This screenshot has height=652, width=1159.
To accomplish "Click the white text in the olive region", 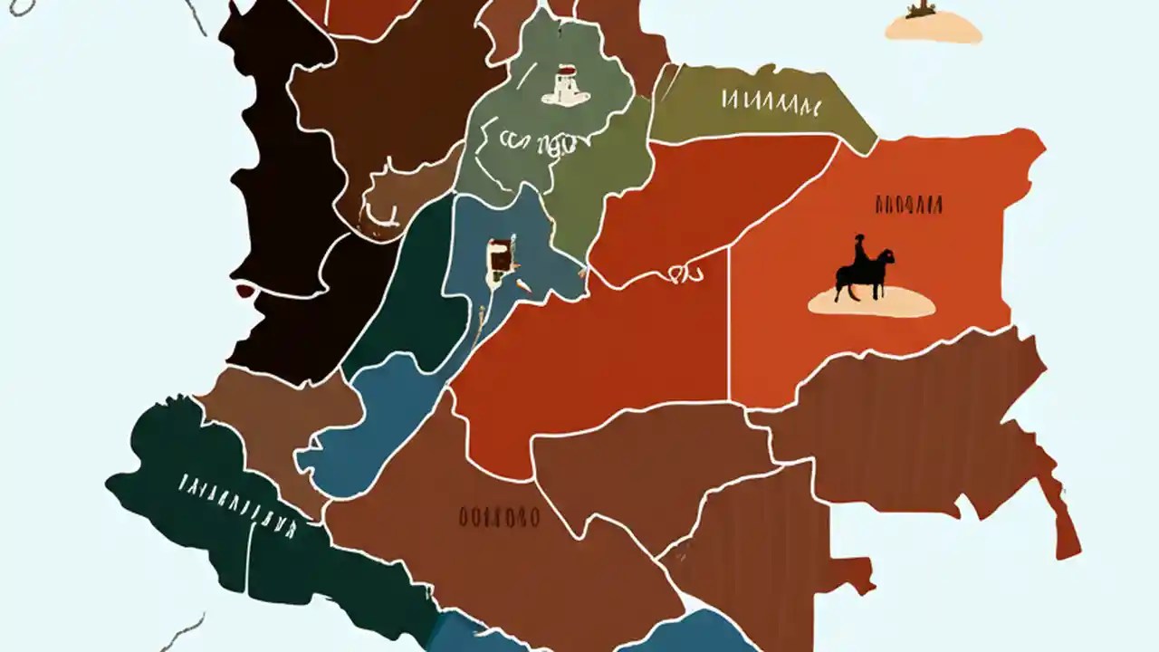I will point(771,102).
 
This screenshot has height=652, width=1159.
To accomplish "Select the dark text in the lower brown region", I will point(498,518).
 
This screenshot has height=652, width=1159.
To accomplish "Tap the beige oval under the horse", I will point(871,303).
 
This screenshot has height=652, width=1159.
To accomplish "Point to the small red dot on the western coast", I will point(244,291).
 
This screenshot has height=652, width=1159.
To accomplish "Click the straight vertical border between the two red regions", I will point(729,335).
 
